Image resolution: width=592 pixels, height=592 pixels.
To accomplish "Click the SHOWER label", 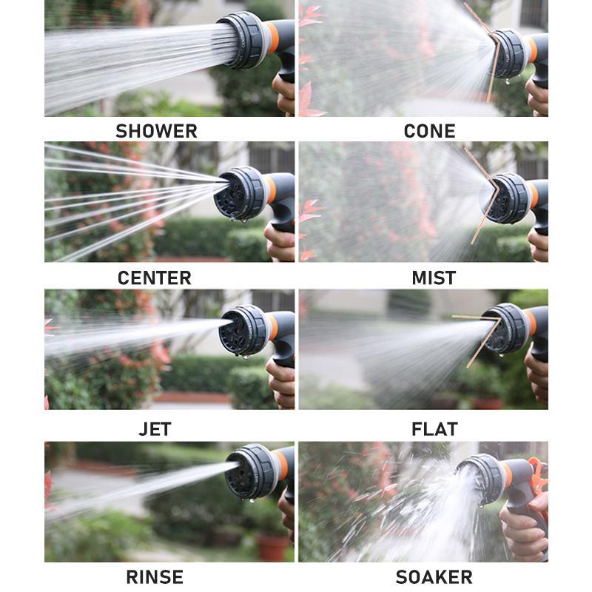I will (156, 131).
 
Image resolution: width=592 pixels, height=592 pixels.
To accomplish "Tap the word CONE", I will (429, 131).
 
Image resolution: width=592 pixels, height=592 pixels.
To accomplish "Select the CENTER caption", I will (154, 278).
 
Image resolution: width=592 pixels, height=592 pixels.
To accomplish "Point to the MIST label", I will (434, 278).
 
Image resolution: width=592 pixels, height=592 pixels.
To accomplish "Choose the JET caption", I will (155, 428).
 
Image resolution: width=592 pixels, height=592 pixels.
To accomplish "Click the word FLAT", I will (434, 428).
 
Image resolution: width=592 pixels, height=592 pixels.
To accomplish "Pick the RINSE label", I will (155, 576).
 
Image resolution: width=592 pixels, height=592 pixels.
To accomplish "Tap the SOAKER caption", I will (434, 576).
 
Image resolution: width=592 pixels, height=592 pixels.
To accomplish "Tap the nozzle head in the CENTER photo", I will (238, 193).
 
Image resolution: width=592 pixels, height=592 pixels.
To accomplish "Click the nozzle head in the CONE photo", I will (508, 53).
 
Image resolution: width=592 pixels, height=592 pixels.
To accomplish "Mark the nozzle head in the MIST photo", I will (506, 198).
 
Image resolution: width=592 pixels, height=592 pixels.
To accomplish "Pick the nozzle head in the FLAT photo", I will (505, 329).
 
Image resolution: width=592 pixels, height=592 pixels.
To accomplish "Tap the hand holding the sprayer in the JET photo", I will (282, 380).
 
